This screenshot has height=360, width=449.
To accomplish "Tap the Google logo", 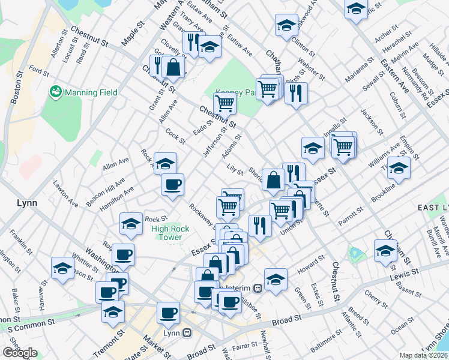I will (20, 353).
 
